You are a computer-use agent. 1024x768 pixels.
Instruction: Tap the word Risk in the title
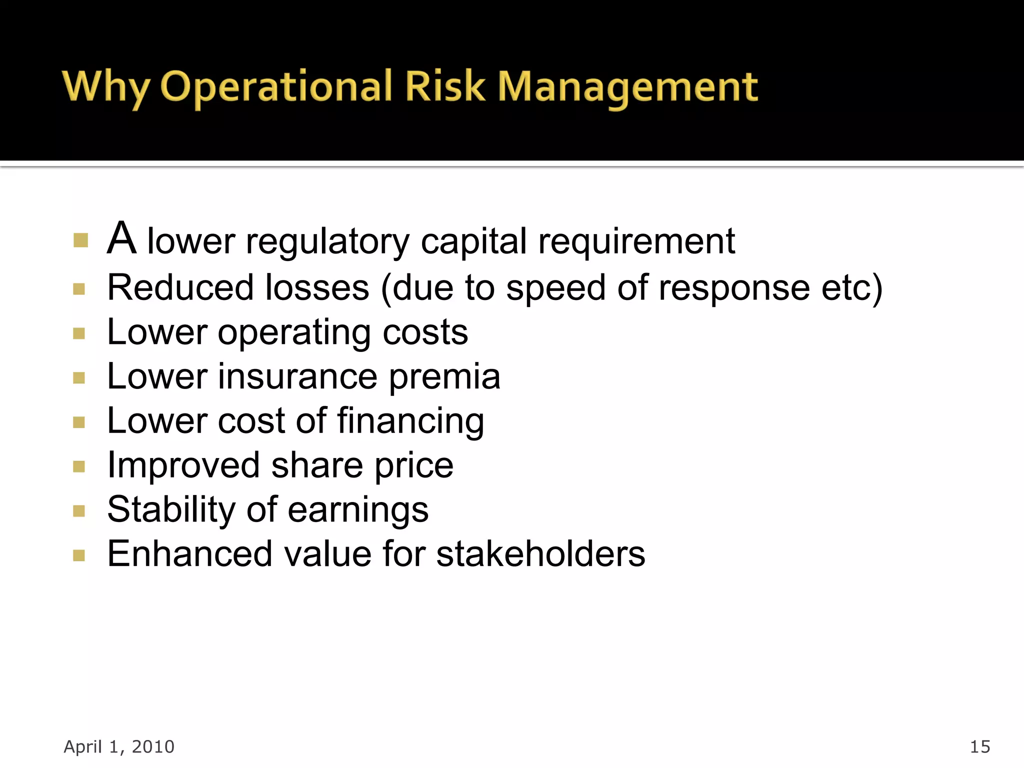click(x=444, y=86)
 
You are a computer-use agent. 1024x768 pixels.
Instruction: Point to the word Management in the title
click(x=628, y=87)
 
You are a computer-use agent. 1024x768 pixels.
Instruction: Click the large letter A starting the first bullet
click(x=121, y=238)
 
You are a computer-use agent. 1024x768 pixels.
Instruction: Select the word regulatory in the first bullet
click(x=327, y=242)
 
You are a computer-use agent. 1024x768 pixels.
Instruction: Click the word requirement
click(x=636, y=242)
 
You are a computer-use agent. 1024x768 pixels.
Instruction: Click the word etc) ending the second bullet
click(x=852, y=288)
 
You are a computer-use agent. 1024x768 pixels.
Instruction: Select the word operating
click(x=294, y=333)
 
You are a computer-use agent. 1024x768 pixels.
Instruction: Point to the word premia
click(x=444, y=377)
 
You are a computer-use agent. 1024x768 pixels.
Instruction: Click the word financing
click(x=410, y=421)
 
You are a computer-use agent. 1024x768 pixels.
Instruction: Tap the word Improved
click(x=183, y=466)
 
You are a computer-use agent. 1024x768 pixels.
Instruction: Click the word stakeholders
click(x=540, y=554)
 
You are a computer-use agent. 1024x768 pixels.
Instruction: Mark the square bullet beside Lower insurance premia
click(x=79, y=377)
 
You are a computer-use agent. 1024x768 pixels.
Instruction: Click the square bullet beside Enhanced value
click(x=79, y=555)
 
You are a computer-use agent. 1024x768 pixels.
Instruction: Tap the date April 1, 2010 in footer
click(x=119, y=746)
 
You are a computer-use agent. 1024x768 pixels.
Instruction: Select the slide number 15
click(x=979, y=746)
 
